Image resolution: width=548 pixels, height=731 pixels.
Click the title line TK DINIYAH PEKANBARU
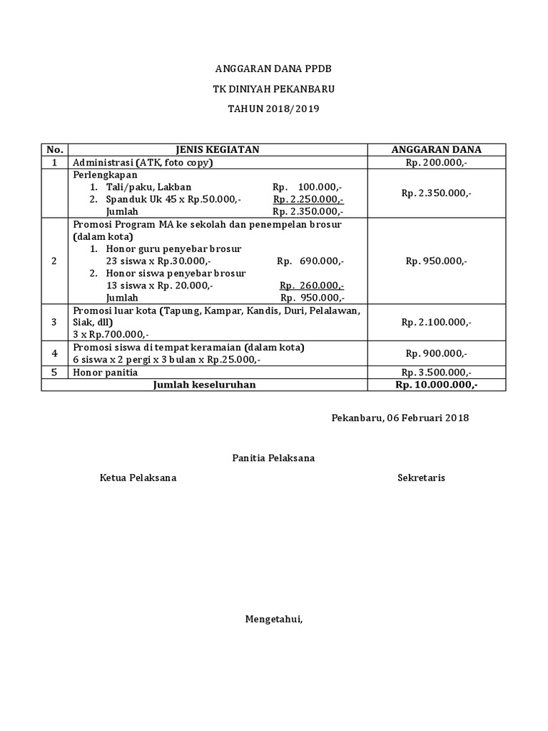tap(274, 89)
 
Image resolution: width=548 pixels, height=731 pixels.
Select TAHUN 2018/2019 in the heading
tap(274, 109)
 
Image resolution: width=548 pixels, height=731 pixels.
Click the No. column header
tap(54, 150)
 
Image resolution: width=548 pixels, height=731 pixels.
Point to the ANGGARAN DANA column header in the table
tap(436, 150)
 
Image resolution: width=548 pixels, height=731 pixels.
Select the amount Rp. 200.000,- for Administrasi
tap(436, 162)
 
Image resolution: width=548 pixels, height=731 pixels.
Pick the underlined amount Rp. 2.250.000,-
tap(308, 199)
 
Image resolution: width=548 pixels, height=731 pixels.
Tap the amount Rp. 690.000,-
tap(310, 261)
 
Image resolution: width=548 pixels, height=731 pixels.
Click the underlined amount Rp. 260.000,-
tap(312, 286)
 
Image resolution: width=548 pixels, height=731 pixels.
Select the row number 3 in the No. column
tap(54, 323)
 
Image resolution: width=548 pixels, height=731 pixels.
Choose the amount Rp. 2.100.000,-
tap(436, 323)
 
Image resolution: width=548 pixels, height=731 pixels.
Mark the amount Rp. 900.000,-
tap(436, 353)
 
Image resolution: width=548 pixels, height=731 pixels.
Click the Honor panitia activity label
tap(106, 372)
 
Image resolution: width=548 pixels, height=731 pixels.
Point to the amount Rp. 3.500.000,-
tap(436, 372)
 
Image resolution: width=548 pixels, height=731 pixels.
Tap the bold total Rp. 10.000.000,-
tap(436, 385)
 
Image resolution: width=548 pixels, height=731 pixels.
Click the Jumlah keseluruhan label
tap(205, 385)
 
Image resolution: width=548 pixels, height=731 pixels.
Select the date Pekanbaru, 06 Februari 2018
tap(400, 418)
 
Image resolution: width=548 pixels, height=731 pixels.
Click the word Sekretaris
tap(421, 478)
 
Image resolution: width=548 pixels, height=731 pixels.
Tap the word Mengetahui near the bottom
tap(274, 618)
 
